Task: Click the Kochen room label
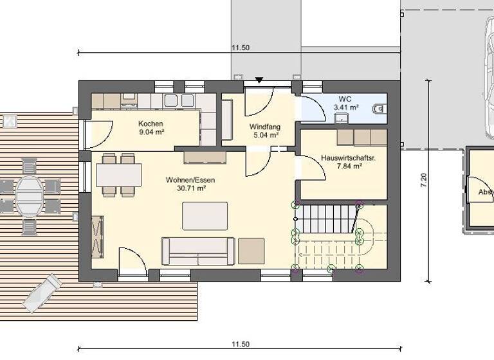[x=151, y=123]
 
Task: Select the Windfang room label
[x=264, y=127]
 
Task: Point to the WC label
[x=345, y=99]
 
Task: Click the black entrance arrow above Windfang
[x=259, y=80]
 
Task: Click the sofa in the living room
[x=197, y=251]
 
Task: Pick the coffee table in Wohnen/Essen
[x=205, y=215]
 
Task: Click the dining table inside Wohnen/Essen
[x=119, y=175]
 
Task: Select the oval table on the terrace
[x=30, y=195]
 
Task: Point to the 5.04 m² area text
[x=264, y=135]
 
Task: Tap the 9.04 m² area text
[x=151, y=132]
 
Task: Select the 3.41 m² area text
[x=345, y=107]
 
